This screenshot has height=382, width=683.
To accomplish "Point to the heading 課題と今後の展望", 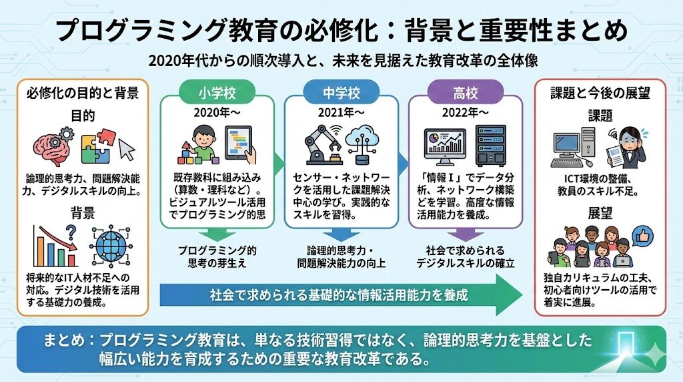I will (x=600, y=93).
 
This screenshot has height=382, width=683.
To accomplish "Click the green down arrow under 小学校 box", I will (x=217, y=234).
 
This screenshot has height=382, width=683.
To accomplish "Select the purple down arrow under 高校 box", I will (x=465, y=234).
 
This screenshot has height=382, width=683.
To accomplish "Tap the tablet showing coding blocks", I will (x=241, y=144).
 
